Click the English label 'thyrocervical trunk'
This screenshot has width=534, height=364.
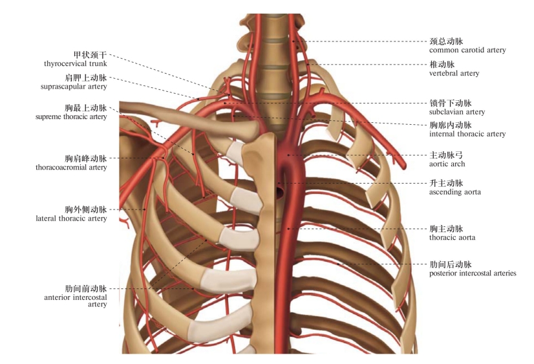click(75, 63)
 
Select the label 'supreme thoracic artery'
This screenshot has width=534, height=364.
click(71, 116)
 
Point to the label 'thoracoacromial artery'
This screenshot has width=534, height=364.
click(71, 167)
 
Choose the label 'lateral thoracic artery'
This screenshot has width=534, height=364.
click(71, 219)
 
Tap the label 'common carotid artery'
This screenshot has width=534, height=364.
click(467, 50)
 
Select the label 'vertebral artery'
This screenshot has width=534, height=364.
click(454, 73)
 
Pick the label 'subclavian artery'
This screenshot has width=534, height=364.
click(456, 112)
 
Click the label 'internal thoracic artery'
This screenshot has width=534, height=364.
click(467, 134)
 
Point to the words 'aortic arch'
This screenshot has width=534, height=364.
click(447, 164)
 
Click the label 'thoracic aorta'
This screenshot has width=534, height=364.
click(452, 237)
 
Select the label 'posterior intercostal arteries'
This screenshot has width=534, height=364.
click(473, 273)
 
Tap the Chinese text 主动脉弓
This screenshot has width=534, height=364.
click(447, 156)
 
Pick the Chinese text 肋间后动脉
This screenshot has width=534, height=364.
click(451, 265)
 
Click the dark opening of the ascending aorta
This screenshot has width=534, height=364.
click(280, 191)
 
